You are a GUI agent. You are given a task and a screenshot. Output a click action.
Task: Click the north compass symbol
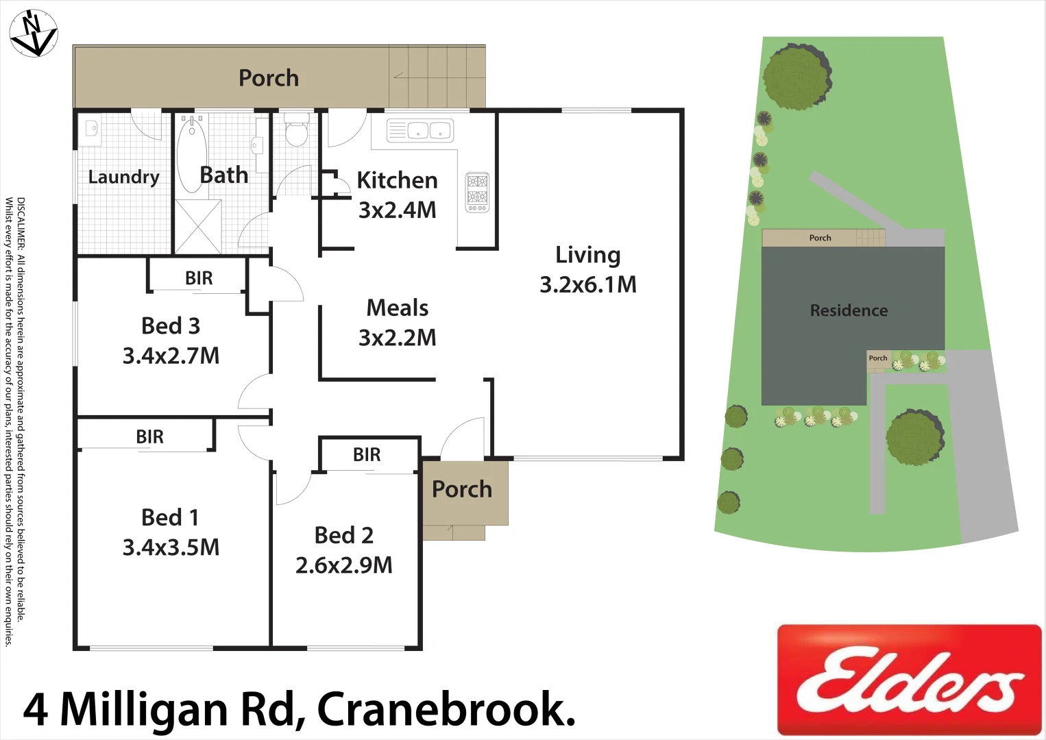click(34, 33)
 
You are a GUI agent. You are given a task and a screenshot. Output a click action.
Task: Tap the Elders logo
click(909, 680)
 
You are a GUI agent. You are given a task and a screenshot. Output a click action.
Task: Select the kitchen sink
click(419, 130)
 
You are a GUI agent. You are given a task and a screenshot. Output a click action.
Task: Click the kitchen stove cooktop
click(478, 192)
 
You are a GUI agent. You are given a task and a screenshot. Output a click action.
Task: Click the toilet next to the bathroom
click(296, 130)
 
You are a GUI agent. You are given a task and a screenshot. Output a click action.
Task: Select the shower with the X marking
click(198, 226)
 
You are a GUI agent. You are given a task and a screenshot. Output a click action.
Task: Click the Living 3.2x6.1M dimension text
click(588, 284)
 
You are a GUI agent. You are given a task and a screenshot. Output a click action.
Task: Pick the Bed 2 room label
click(344, 535)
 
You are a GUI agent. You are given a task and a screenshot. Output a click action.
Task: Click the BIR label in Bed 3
click(199, 278)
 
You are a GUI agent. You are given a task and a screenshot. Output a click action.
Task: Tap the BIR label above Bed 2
click(367, 455)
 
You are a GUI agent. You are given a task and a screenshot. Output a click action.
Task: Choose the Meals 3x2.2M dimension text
click(398, 338)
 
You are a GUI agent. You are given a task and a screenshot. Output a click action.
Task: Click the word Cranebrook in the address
click(446, 709)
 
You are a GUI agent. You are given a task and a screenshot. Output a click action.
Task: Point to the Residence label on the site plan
click(849, 310)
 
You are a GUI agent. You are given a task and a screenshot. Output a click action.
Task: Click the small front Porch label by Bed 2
click(462, 489)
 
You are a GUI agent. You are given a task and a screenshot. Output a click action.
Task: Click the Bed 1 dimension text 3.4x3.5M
click(171, 547)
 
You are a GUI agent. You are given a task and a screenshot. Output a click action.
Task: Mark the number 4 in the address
click(36, 710)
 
